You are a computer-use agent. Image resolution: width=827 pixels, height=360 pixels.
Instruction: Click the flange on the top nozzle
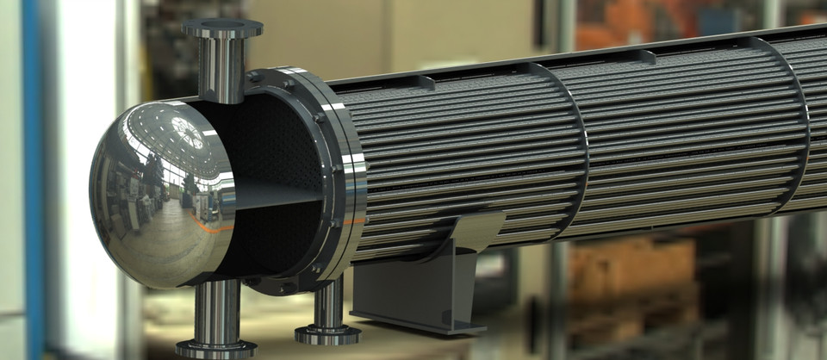(x=222, y=28)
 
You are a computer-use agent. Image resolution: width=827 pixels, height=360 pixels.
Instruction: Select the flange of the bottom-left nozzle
(x=215, y=348)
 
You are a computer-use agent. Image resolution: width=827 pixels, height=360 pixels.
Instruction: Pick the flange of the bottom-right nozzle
(x=327, y=333)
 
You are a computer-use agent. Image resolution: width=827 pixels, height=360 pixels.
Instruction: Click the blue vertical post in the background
(x=32, y=172)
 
